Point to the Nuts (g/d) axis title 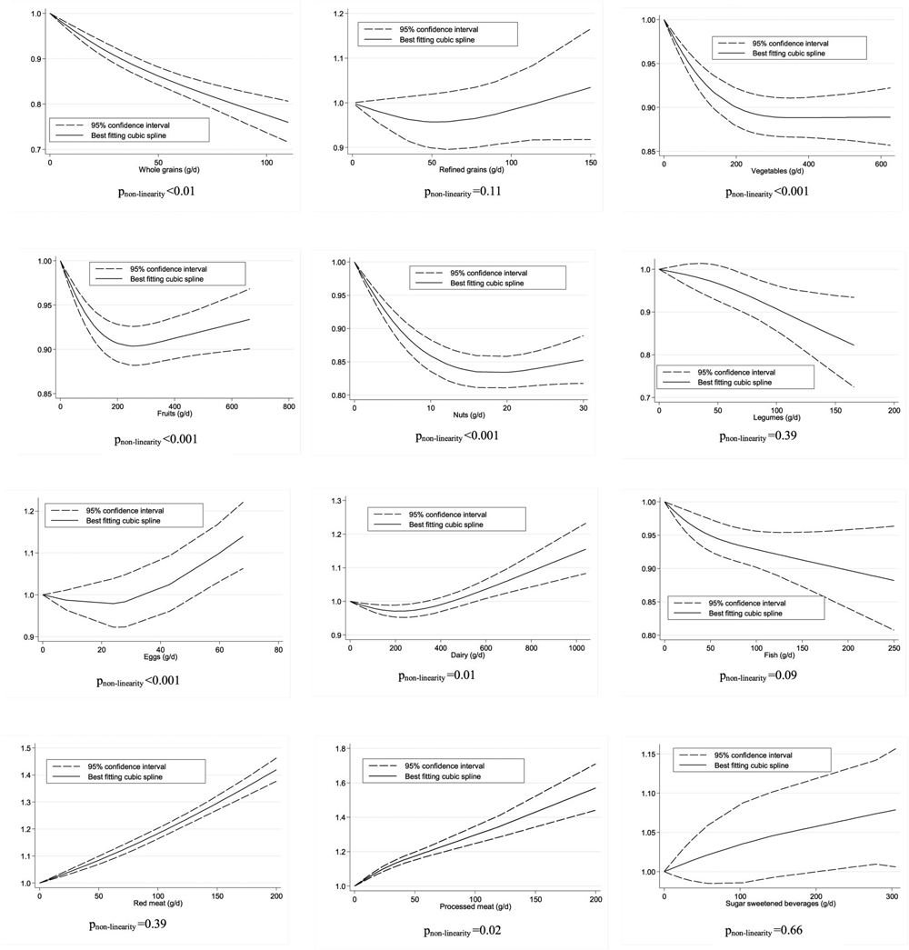(465, 414)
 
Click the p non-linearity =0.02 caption (463, 932)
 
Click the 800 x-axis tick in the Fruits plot (288, 405)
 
